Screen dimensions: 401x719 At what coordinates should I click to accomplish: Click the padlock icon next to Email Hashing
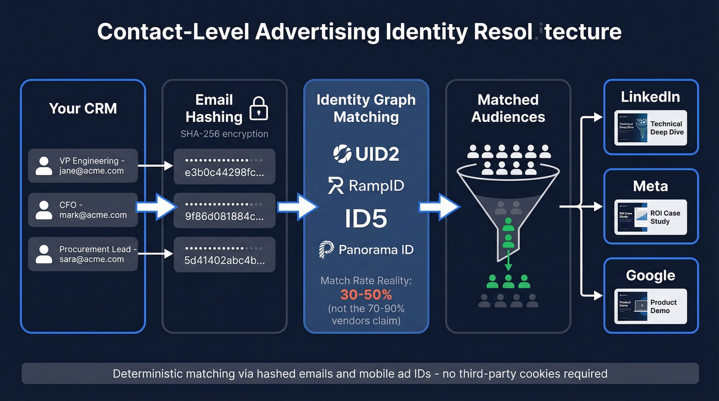(x=259, y=108)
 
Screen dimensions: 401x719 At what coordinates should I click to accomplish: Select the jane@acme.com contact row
(x=83, y=166)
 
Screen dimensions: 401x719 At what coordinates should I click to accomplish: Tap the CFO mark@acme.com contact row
(x=83, y=210)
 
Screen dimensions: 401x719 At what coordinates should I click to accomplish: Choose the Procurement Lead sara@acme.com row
(x=83, y=254)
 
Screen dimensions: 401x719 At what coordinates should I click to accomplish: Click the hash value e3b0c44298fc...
(x=224, y=167)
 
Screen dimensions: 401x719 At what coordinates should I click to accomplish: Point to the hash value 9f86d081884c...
(x=224, y=211)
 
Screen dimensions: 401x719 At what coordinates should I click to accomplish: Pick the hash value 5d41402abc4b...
(x=224, y=255)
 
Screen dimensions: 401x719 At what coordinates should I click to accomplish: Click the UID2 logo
(x=366, y=153)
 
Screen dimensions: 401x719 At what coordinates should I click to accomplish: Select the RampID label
(x=366, y=186)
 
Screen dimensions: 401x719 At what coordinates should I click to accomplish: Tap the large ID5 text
(x=366, y=219)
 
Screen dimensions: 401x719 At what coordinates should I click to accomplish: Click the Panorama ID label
(x=366, y=250)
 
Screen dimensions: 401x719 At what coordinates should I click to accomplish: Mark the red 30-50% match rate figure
(x=366, y=295)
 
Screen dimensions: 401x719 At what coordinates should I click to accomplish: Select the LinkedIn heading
(x=650, y=97)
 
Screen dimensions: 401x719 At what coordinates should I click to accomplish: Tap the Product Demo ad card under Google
(x=650, y=307)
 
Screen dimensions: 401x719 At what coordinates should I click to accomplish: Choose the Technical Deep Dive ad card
(x=650, y=128)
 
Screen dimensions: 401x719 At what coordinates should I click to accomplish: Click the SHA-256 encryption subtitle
(x=224, y=134)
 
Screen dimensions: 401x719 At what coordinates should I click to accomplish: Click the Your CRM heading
(x=83, y=108)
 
